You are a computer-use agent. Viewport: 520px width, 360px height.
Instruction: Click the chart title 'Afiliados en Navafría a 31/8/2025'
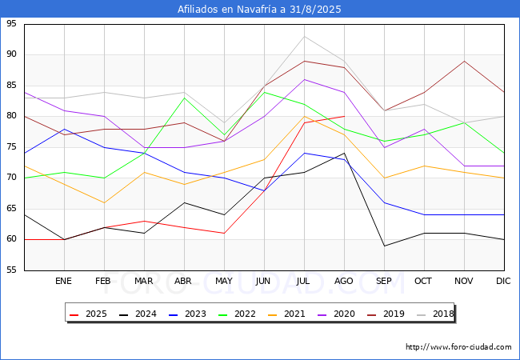click(259, 9)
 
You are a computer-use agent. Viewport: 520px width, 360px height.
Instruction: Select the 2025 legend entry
click(88, 314)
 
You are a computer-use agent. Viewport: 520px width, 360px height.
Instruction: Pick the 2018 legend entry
click(435, 314)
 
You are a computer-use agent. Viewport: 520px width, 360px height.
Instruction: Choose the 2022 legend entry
click(237, 314)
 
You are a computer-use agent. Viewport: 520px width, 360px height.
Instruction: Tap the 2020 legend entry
click(336, 314)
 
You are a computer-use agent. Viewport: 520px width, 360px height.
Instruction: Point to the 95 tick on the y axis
click(11, 23)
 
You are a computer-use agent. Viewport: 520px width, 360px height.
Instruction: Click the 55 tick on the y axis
click(11, 270)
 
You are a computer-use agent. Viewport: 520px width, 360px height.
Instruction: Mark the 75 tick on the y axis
click(11, 147)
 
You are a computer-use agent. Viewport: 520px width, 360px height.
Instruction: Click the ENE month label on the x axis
click(63, 281)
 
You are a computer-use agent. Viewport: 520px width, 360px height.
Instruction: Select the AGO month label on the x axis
click(343, 281)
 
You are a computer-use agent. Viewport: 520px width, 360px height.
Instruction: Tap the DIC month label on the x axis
click(503, 281)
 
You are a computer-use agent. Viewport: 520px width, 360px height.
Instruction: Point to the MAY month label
click(224, 281)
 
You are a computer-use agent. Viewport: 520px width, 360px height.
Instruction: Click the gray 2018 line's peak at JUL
click(305, 37)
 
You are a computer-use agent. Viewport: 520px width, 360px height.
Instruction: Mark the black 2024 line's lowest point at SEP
click(384, 246)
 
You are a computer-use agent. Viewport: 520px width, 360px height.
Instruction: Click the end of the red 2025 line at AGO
click(345, 116)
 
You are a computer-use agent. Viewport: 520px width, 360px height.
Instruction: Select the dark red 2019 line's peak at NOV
click(464, 61)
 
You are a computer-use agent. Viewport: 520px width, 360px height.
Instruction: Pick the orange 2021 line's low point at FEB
click(105, 202)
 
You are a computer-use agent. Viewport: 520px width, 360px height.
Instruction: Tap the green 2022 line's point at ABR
click(184, 98)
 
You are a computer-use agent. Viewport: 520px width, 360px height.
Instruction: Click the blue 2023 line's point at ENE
click(64, 129)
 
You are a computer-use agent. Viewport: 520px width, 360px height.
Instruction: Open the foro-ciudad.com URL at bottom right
click(458, 347)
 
